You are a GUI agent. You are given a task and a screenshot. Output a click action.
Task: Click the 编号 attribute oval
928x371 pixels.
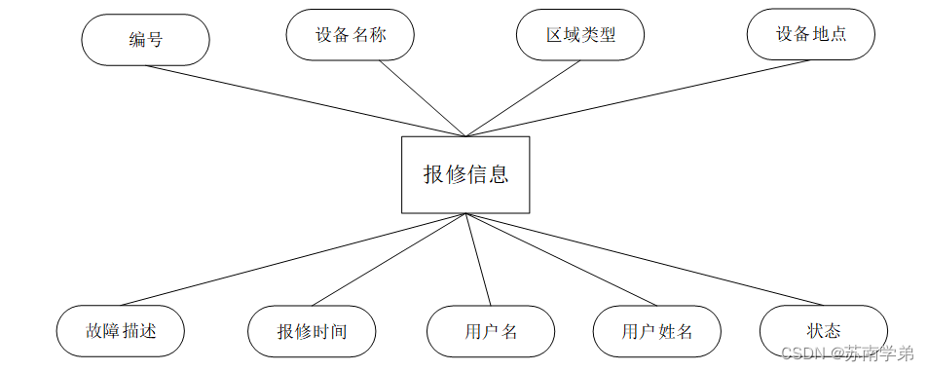click(145, 40)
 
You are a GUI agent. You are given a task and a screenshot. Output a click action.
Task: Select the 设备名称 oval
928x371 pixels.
click(351, 35)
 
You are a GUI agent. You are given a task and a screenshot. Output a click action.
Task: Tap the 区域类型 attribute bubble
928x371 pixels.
click(580, 35)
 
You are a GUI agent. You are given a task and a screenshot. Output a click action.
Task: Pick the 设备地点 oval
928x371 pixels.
click(810, 35)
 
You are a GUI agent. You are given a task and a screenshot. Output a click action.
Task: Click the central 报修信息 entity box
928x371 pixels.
click(465, 174)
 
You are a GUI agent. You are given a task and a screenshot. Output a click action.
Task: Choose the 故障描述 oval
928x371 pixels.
click(120, 331)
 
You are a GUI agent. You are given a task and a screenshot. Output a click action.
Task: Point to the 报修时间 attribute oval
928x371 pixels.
click(312, 331)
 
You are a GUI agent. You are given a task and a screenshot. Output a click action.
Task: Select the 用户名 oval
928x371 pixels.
click(491, 331)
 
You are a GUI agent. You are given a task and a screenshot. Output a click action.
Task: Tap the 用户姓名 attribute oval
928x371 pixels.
click(657, 331)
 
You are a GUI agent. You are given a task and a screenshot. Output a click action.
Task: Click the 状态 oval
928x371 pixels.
click(823, 331)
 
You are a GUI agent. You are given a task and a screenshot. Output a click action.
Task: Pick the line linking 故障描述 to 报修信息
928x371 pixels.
click(292, 260)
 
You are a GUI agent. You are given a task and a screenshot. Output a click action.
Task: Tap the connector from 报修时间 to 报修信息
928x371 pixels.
click(390, 260)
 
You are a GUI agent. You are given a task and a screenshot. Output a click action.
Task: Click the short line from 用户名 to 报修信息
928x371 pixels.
click(477, 260)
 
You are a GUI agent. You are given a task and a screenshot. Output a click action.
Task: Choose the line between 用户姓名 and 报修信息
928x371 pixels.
click(547, 260)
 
